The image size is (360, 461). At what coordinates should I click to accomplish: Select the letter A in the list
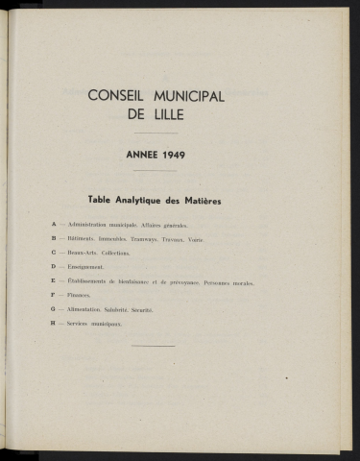(x=54, y=225)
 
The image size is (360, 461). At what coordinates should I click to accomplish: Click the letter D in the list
(x=54, y=267)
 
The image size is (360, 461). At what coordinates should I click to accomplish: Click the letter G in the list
(x=54, y=310)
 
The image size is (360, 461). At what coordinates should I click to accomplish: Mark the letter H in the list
(x=54, y=325)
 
